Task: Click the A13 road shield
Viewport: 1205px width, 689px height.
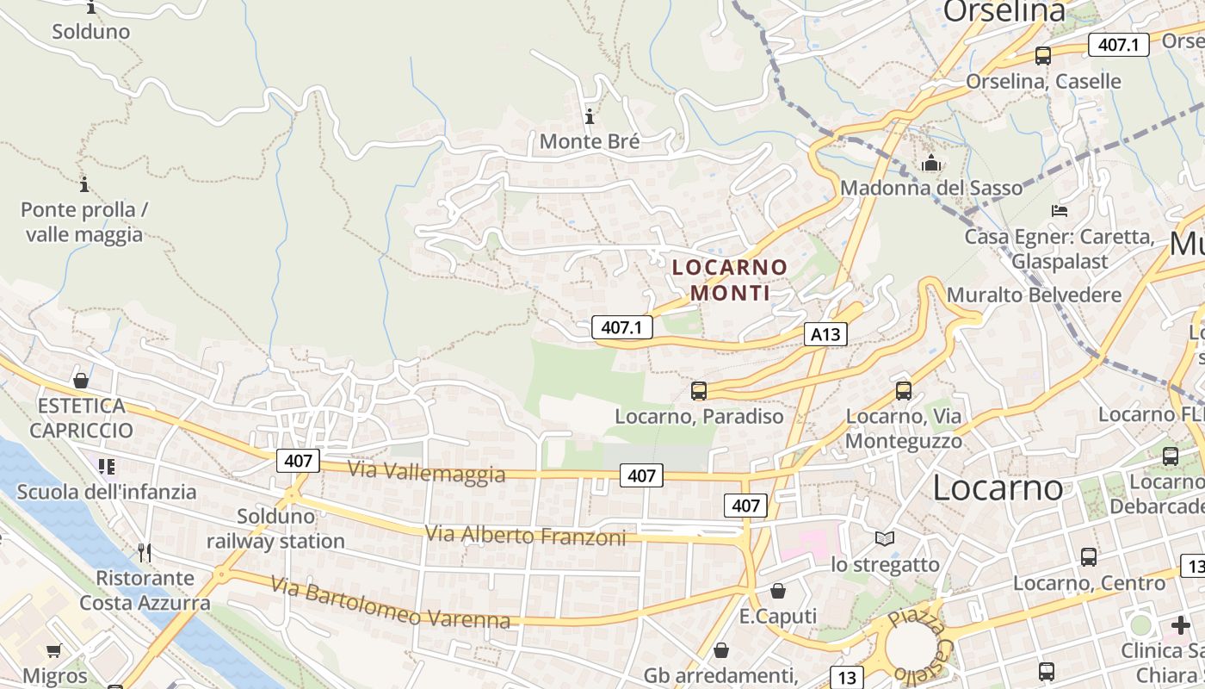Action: (825, 334)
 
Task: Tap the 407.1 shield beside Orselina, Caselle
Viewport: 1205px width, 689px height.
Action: (1118, 45)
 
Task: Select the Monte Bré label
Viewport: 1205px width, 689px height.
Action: (590, 141)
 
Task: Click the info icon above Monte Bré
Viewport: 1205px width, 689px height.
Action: (590, 116)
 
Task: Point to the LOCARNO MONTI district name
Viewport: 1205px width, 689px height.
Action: (730, 280)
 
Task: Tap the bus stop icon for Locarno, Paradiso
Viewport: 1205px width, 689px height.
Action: (699, 391)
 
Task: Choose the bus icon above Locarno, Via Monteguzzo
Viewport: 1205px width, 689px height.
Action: (904, 390)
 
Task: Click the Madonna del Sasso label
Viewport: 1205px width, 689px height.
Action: (931, 188)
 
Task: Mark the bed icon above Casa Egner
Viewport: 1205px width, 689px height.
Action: (1060, 210)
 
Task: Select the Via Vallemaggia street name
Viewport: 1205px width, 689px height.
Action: (426, 472)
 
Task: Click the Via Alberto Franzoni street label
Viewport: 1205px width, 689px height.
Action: (525, 536)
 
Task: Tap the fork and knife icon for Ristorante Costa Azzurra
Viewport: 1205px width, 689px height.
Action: (145, 552)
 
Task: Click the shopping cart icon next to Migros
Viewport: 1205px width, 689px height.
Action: (54, 651)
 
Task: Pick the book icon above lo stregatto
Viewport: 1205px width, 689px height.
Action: (885, 539)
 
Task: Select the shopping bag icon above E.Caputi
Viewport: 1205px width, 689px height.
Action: (778, 591)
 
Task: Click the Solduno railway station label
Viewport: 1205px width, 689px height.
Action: (275, 529)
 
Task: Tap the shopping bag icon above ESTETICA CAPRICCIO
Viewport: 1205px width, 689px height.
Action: (81, 380)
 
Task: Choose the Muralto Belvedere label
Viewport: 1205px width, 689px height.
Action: (1034, 295)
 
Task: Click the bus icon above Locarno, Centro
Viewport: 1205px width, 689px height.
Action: (1089, 557)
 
